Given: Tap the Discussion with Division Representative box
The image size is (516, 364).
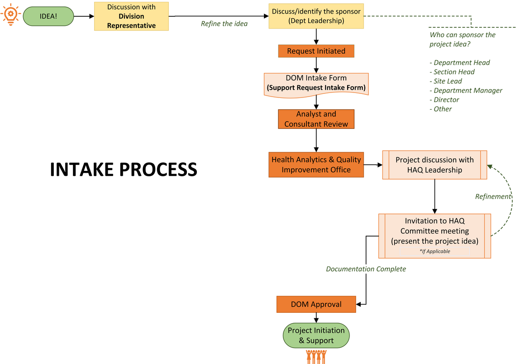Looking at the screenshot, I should click(131, 16).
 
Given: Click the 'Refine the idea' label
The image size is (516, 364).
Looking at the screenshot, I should click(224, 24).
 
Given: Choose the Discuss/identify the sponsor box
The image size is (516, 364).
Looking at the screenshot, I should click(316, 16).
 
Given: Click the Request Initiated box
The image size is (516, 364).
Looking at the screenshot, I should click(316, 51).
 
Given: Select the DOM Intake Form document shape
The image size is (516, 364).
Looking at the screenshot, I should click(316, 83).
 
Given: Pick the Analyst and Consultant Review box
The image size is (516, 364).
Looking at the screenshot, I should click(316, 119).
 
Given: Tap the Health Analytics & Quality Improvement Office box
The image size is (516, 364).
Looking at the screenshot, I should click(316, 165).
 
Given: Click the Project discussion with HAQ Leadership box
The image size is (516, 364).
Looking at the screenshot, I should click(435, 165).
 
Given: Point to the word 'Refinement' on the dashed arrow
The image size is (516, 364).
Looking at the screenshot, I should click(493, 196).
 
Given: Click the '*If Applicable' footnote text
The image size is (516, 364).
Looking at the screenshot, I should click(435, 251).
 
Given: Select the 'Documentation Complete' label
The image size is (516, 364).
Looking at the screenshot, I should click(366, 269).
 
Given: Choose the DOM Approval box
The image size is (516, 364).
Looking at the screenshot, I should click(316, 304).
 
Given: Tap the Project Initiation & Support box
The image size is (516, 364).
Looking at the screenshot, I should click(316, 335).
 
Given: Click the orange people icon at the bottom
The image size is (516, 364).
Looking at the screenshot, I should click(316, 356).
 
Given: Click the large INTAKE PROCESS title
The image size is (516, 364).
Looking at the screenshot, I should click(123, 170).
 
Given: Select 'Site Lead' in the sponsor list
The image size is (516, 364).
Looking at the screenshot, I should click(448, 81).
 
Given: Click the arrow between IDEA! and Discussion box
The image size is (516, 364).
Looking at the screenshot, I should click(84, 16).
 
